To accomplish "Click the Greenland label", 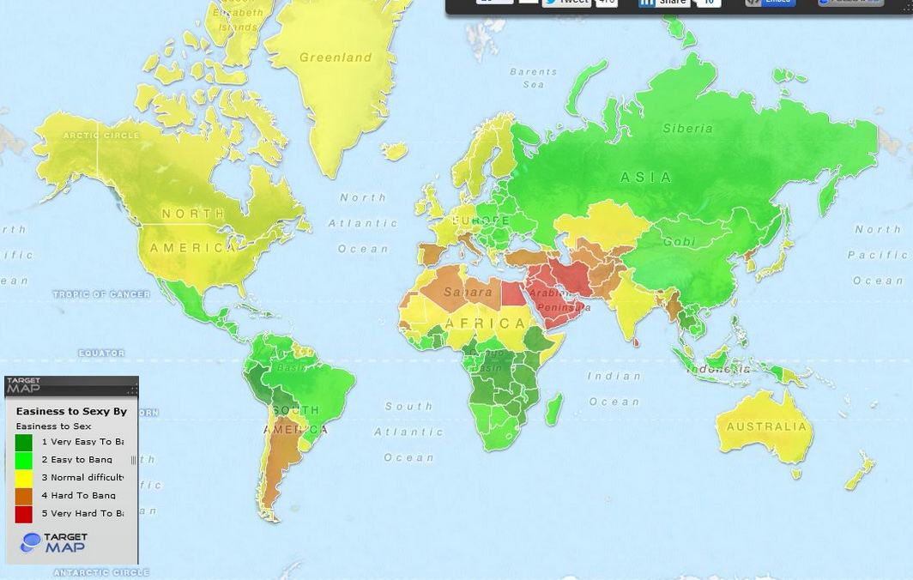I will point(336,57).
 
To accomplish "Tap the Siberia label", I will point(687,129).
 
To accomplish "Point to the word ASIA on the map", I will point(646,178).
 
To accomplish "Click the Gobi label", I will point(679,242).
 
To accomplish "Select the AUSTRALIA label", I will point(766,426).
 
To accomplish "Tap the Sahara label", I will point(469,292).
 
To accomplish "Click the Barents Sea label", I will point(533,78).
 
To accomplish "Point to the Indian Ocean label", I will point(614,388).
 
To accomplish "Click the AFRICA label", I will point(487,323).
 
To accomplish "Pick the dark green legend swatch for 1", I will point(24,442).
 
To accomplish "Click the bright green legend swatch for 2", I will point(24,460).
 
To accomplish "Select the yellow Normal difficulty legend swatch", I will point(24,478).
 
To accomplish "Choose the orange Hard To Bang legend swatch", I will point(24,496).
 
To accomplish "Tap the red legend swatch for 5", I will point(24,514).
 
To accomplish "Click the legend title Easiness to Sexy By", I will point(71,412).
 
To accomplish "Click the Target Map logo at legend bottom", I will point(54,542).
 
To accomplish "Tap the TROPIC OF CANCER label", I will point(101,294).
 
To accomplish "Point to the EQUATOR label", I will point(101,353).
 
